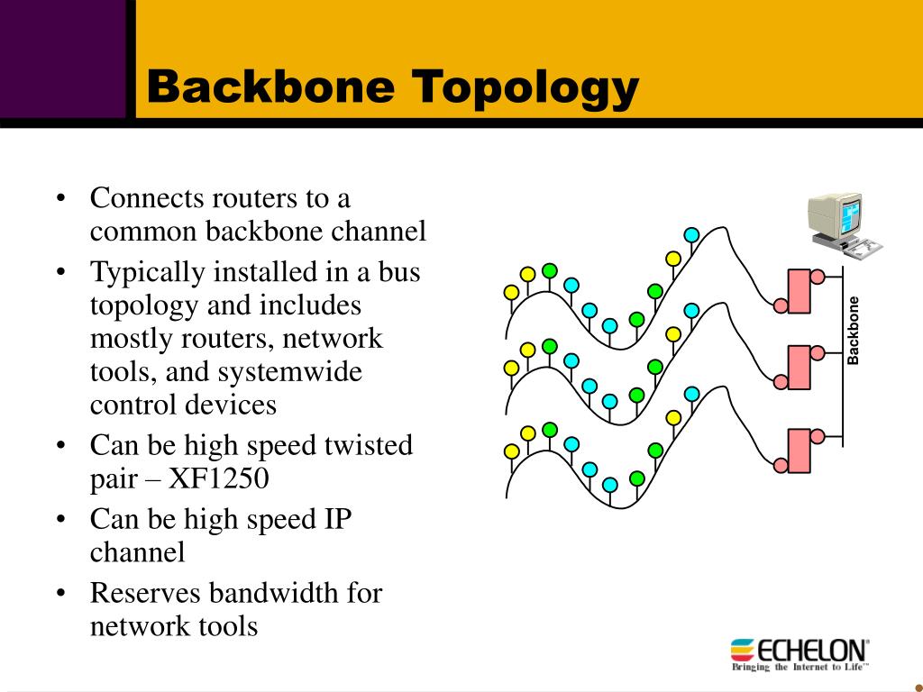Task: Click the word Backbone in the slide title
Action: pos(270,86)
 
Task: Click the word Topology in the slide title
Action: pos(525,89)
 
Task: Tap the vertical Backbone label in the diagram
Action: pos(853,331)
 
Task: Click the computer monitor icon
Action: pos(843,223)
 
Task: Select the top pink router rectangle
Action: pos(799,291)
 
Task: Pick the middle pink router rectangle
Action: pos(799,368)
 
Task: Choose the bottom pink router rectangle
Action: pos(799,451)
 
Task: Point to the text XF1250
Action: pos(218,478)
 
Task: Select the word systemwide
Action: pos(290,372)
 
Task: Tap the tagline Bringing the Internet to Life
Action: pos(800,668)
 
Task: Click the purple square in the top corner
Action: pos(63,59)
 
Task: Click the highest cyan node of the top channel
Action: pos(691,235)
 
